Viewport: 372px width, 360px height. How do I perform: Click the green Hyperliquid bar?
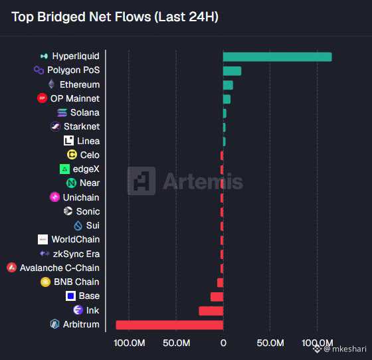pos(278,57)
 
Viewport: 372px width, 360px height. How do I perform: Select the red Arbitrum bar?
pos(169,325)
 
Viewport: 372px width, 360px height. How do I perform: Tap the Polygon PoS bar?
pos(232,71)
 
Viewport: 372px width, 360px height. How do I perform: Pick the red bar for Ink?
pos(211,311)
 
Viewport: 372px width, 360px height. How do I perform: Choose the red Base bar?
pos(217,297)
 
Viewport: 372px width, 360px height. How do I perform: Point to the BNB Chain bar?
pos(220,283)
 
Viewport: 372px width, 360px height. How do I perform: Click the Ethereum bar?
pos(228,85)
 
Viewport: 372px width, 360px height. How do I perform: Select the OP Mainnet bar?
pos(227,99)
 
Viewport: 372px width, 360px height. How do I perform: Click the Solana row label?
pos(85,113)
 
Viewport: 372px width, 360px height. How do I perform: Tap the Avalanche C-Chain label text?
pos(60,268)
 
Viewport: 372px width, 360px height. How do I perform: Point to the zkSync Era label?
pos(76,254)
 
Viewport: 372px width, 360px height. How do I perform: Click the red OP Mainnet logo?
pos(43,98)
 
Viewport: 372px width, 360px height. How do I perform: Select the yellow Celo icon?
pos(72,155)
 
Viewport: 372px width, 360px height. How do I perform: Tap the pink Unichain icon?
pos(54,197)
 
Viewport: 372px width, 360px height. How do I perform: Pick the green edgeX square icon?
pos(64,169)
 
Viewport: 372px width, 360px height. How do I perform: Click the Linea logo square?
pos(68,141)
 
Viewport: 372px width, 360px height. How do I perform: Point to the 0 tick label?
pos(223,343)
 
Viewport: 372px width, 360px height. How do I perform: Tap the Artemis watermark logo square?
pos(141,181)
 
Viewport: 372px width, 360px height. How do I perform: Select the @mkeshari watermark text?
pos(345,349)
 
